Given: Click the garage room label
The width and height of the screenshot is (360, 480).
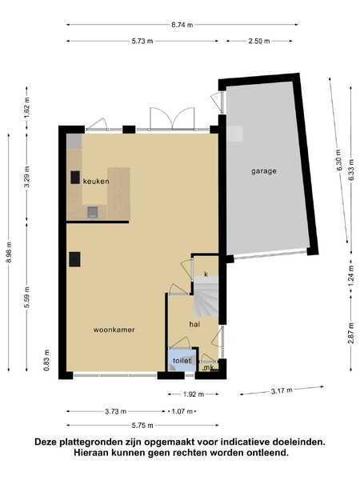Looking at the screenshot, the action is pos(264,171).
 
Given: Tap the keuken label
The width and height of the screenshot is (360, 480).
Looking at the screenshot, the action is pos(96,182).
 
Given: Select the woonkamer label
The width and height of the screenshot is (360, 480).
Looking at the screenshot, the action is pos(114,330).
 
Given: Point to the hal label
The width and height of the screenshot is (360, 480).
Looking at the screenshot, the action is pos(194,324).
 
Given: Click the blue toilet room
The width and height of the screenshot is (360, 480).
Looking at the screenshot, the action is pos(182,360).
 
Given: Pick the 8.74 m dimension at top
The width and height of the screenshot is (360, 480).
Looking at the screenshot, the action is pos(182,25).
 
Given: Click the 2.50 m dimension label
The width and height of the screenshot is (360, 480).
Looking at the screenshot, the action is pos(259,41).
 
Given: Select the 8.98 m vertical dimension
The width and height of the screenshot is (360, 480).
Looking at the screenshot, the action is pos(9,252).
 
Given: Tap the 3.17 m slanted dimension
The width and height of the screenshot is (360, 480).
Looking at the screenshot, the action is pos(282,390).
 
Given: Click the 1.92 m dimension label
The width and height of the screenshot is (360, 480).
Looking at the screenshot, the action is pos(194,394).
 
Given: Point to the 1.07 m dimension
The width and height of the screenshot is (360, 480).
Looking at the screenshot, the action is pos(182,411).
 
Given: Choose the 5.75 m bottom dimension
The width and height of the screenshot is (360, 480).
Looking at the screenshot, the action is pos(142,426).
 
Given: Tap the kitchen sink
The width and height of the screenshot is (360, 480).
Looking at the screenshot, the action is pos(93,212).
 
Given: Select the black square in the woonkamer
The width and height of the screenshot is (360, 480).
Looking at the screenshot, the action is pos(74,259).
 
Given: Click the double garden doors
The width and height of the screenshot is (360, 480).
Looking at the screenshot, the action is pos(172,118).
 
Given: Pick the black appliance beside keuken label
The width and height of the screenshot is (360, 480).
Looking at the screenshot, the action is pos(75,178).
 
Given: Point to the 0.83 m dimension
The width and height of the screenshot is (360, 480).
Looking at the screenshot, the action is pos(46,360).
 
